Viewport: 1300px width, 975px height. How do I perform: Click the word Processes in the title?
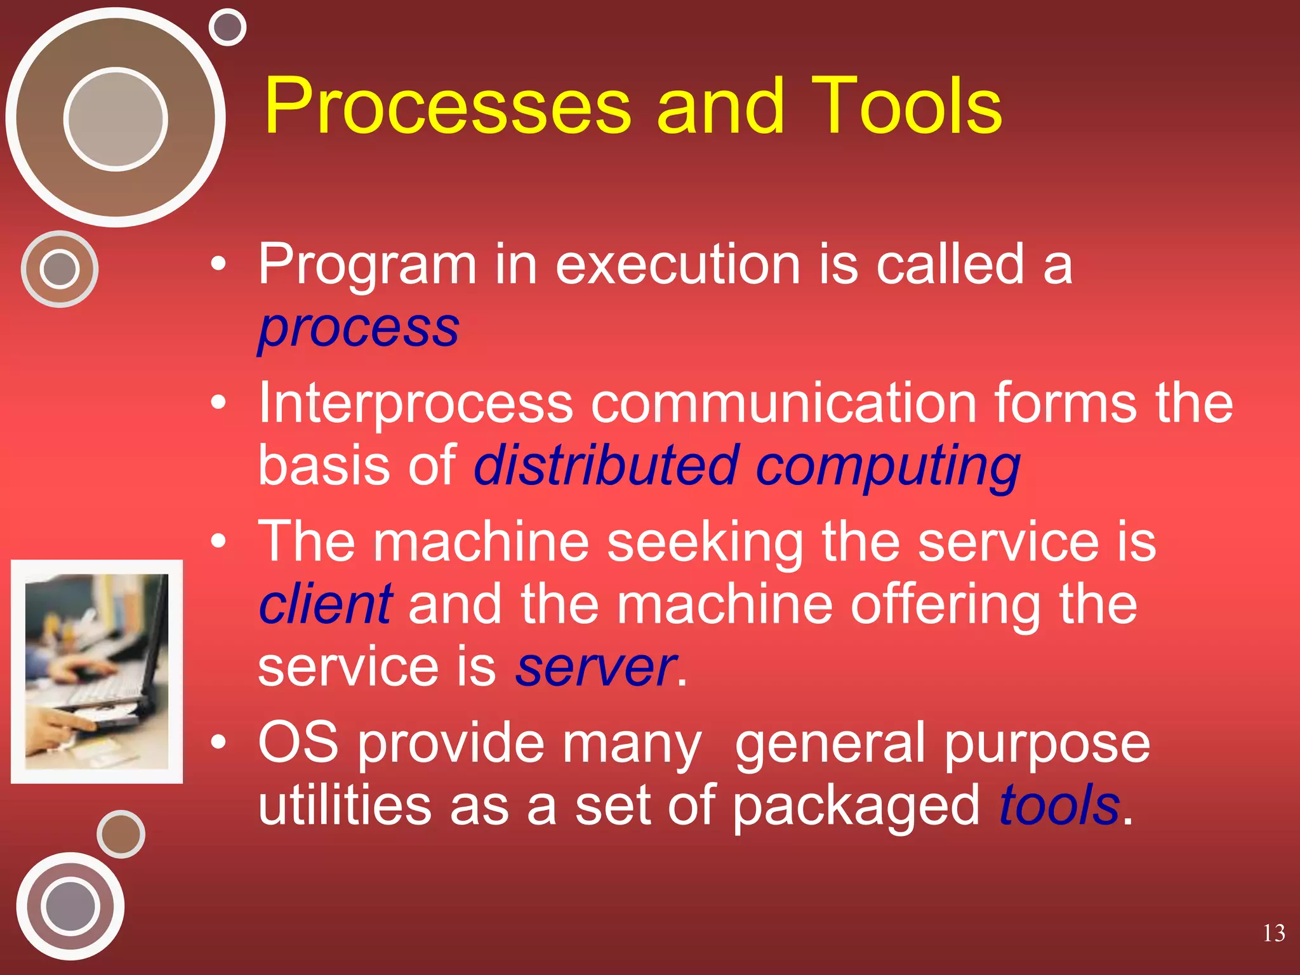[448, 107]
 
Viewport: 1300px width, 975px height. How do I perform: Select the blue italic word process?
[359, 329]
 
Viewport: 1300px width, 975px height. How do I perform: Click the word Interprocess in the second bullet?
[416, 404]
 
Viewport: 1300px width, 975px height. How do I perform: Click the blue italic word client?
[326, 604]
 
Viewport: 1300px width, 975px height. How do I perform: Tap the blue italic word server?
[595, 668]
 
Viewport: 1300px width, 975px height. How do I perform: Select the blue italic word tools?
[1059, 805]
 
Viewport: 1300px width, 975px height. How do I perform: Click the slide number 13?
[1273, 933]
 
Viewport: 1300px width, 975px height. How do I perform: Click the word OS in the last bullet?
[298, 742]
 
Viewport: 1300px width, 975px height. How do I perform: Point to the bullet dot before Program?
[218, 264]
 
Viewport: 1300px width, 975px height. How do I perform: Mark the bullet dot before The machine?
[218, 541]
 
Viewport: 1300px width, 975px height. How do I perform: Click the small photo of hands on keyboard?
[96, 671]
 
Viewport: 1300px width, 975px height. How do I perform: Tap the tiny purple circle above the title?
[227, 27]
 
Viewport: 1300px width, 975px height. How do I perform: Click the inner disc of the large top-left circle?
[116, 119]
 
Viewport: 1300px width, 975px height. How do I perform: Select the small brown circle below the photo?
[121, 834]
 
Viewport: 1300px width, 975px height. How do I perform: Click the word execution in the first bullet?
[678, 264]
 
